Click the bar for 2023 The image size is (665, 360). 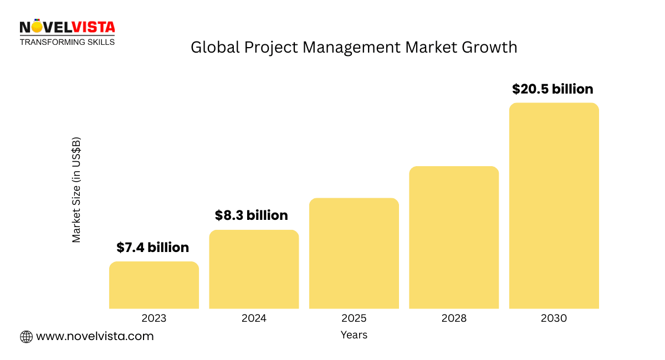154,285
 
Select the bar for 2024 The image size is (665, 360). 254,269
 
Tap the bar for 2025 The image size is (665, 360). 354,253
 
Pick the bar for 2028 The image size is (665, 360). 454,237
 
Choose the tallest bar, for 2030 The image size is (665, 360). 554,205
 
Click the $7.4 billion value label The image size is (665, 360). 152,248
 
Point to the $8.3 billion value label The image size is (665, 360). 252,215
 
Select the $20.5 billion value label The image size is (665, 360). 553,89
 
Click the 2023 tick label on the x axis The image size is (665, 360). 154,318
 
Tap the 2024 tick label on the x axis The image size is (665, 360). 254,318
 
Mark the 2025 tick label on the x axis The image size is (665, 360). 354,318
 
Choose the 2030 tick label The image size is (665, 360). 554,318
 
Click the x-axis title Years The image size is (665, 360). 354,335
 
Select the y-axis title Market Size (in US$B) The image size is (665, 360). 76,189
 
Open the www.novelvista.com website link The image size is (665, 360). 95,336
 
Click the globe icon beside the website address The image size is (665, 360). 26,336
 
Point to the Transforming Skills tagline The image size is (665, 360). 68,42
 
